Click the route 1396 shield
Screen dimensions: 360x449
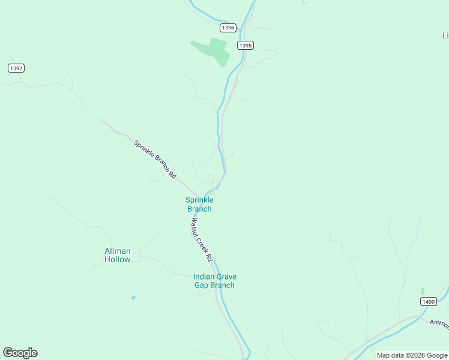(x=228, y=28)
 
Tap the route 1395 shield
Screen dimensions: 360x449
(x=245, y=45)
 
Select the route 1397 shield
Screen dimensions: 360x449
(x=16, y=68)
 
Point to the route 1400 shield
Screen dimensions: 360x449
(x=427, y=301)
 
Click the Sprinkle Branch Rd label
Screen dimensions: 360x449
(x=155, y=159)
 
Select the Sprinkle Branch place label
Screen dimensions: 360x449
(x=199, y=204)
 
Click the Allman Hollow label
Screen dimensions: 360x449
(x=117, y=255)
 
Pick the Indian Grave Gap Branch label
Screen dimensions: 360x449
(x=214, y=281)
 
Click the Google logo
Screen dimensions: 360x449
(x=20, y=353)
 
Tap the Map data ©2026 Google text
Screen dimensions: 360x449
(x=412, y=355)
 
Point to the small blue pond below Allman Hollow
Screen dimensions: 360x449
(x=133, y=298)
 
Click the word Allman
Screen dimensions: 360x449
(x=117, y=251)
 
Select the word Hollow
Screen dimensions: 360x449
(x=117, y=259)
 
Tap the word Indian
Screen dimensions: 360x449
(x=205, y=277)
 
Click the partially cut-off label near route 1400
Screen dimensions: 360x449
(x=439, y=323)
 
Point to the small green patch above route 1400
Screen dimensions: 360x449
(x=422, y=291)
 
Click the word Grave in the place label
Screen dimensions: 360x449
(x=228, y=277)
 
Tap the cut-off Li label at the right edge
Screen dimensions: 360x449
(x=445, y=35)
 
